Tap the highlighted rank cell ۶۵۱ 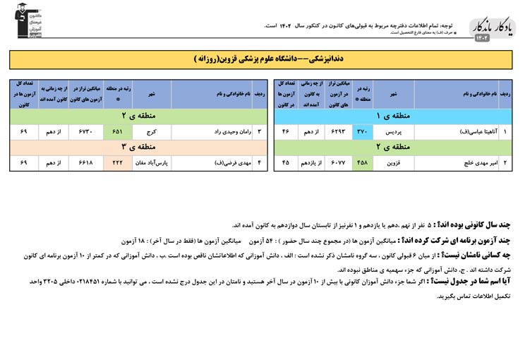(x=117, y=131)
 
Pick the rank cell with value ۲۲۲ (x=117, y=162)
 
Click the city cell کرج (x=151, y=131)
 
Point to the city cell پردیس (x=394, y=131)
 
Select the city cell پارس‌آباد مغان (x=151, y=162)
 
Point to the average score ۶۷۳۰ (x=86, y=131)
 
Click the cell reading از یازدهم (x=311, y=162)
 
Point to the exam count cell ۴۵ (x=286, y=162)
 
